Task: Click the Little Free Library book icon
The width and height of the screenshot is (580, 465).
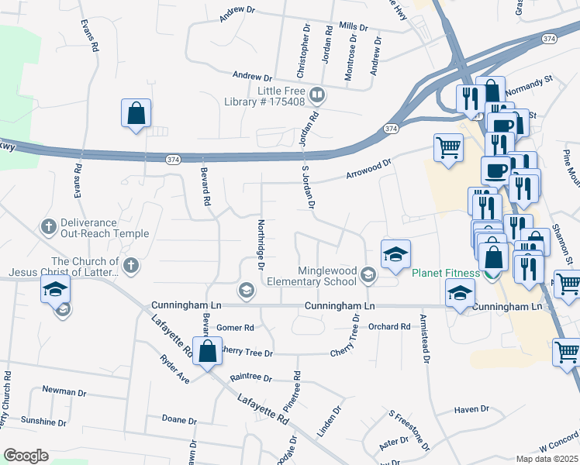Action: point(316,96)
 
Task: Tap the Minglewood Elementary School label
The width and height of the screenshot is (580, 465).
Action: point(329,277)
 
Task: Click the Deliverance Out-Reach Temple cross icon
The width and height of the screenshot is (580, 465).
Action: point(47,227)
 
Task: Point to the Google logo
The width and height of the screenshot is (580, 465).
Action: point(25,456)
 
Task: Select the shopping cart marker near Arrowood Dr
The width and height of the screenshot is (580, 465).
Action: point(448,147)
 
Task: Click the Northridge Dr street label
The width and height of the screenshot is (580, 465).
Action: point(261,244)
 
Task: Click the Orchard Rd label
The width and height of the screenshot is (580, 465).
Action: point(388,327)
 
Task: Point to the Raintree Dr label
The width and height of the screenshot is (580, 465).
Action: point(251,378)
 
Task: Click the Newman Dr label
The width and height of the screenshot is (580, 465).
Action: point(61,391)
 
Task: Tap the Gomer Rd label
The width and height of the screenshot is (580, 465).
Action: point(235,328)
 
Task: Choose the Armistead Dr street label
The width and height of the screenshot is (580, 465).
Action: point(424,339)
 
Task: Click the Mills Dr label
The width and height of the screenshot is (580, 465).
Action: point(353,26)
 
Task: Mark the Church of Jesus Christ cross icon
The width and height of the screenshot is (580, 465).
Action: point(131,266)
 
